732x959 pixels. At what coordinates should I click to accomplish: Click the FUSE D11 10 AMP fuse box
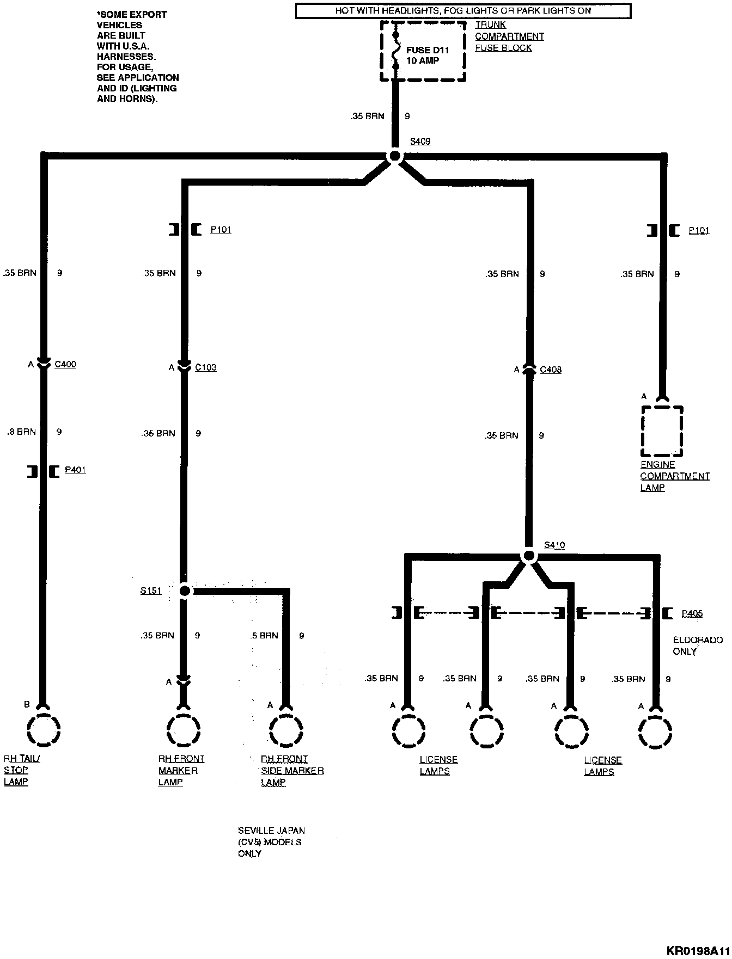423,52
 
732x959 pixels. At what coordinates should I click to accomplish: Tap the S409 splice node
394,156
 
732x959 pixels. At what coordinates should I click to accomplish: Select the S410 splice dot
528,556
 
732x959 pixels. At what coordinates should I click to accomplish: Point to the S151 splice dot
185,591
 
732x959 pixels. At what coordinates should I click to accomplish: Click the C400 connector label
65,364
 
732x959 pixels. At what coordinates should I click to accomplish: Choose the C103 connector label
205,367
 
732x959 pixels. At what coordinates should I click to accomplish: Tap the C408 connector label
550,370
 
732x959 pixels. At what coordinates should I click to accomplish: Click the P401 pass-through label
75,470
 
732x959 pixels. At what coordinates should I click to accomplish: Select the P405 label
692,613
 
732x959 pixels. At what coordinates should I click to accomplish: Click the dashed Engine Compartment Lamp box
661,431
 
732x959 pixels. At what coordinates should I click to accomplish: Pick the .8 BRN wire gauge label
21,432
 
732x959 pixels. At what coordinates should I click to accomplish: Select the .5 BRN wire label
264,635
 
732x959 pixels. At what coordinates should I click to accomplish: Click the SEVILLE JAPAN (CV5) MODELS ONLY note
271,842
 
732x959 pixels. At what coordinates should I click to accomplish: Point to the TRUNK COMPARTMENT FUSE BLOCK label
509,36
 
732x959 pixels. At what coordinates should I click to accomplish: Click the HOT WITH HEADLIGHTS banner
463,10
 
